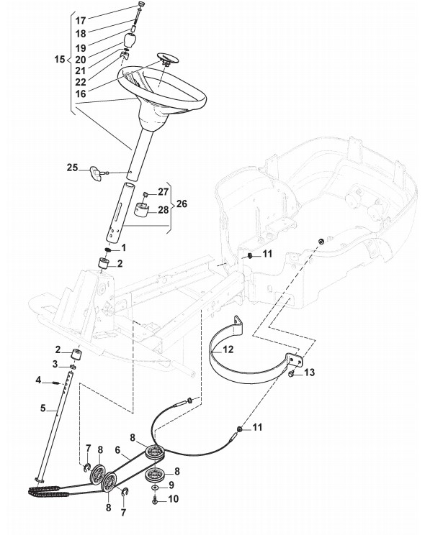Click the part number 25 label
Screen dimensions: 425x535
[72, 168]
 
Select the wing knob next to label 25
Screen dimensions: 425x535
[97, 173]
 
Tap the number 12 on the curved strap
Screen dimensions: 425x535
[228, 349]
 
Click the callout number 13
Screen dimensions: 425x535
[309, 372]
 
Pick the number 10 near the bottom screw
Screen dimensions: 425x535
[174, 499]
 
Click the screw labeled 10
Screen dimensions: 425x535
[155, 500]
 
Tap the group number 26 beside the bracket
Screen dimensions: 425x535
[182, 204]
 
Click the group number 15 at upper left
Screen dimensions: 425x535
[60, 59]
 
